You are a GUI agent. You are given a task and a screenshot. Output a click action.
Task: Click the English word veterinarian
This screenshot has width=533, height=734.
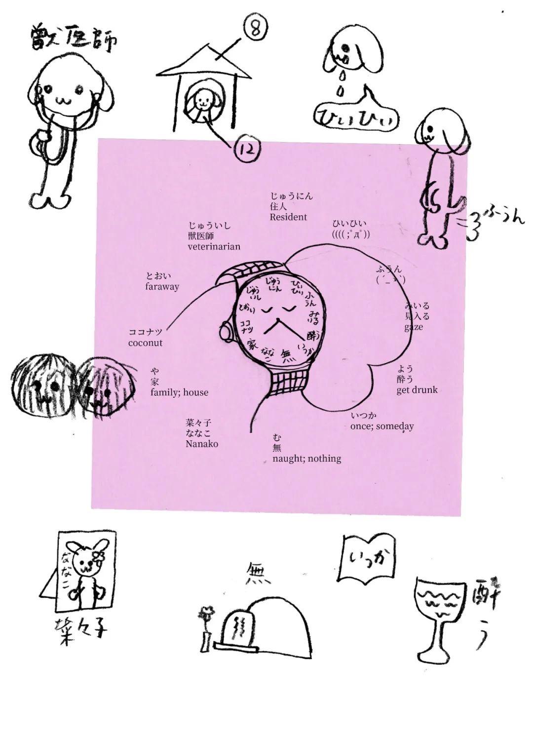pyautogui.click(x=214, y=246)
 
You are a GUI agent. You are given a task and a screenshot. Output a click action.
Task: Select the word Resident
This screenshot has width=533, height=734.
pyautogui.click(x=288, y=217)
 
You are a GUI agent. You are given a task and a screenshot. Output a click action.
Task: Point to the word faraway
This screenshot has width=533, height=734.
pyautogui.click(x=162, y=287)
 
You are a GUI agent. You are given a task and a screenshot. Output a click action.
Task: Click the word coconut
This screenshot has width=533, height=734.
pyautogui.click(x=145, y=343)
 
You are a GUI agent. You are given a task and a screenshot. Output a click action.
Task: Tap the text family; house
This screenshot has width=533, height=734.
pyautogui.click(x=179, y=392)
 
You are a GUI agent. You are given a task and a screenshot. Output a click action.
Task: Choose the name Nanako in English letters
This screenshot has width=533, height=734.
pyautogui.click(x=202, y=444)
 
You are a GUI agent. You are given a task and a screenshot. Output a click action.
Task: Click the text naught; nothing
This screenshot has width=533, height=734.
pyautogui.click(x=306, y=459)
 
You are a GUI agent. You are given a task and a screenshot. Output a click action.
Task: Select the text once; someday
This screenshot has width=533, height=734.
pyautogui.click(x=382, y=426)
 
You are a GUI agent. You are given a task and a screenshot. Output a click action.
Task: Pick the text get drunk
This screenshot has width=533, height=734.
pyautogui.click(x=417, y=390)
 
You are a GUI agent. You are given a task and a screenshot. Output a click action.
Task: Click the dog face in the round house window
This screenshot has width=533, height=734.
pyautogui.click(x=202, y=102)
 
